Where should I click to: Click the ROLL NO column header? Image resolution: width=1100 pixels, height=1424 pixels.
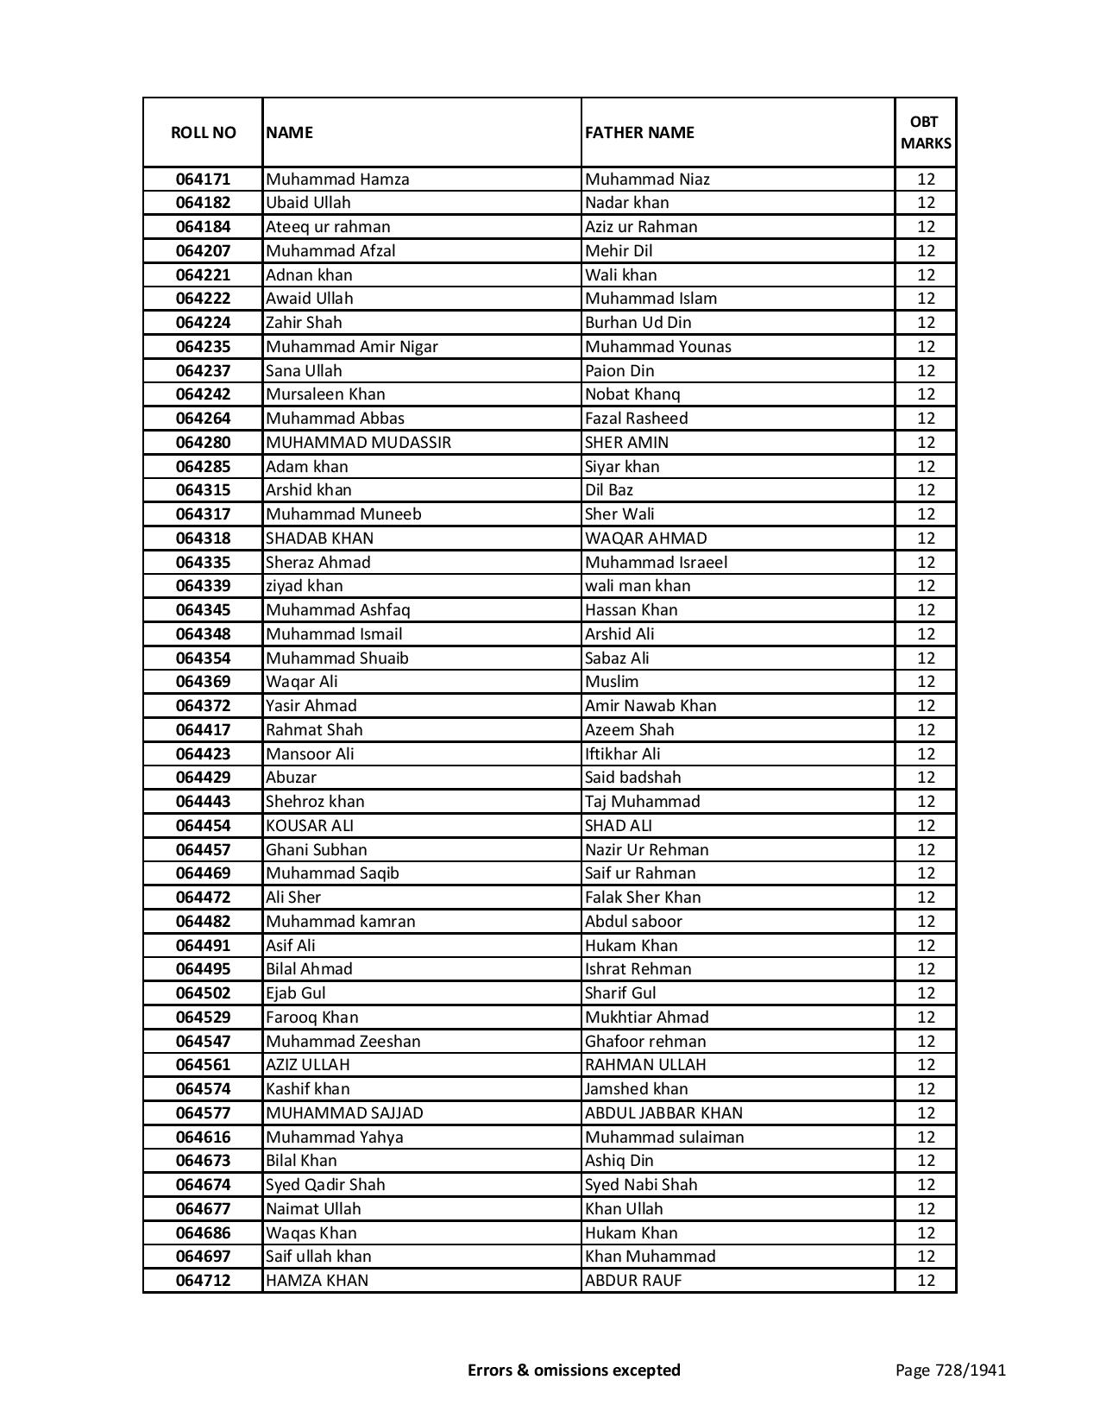click(203, 133)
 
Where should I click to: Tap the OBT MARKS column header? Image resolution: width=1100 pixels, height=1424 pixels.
click(926, 133)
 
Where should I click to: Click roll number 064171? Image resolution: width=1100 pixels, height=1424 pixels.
click(203, 180)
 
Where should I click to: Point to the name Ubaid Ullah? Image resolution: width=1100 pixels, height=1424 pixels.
click(308, 203)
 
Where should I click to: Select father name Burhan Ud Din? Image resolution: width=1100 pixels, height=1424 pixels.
click(638, 323)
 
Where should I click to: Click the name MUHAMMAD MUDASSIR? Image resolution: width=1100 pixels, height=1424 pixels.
click(358, 443)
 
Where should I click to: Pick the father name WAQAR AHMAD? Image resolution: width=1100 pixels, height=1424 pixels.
click(645, 539)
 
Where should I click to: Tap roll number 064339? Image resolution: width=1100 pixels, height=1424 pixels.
click(203, 586)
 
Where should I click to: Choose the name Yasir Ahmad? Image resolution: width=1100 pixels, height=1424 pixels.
click(311, 706)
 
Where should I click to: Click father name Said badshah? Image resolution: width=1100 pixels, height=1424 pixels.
click(632, 778)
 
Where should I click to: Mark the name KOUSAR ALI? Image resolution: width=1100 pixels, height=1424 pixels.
click(310, 826)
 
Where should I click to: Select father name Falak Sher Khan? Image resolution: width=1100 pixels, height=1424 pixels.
click(643, 898)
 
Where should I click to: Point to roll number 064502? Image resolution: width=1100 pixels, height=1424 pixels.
click(203, 993)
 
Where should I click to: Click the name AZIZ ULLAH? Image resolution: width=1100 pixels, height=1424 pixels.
click(308, 1065)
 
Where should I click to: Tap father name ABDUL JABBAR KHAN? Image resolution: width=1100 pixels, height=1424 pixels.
click(663, 1113)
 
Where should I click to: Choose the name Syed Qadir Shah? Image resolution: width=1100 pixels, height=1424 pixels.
click(325, 1185)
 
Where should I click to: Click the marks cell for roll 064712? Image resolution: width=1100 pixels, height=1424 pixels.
click(926, 1281)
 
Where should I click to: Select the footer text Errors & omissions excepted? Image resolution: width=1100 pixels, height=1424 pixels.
click(574, 1370)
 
